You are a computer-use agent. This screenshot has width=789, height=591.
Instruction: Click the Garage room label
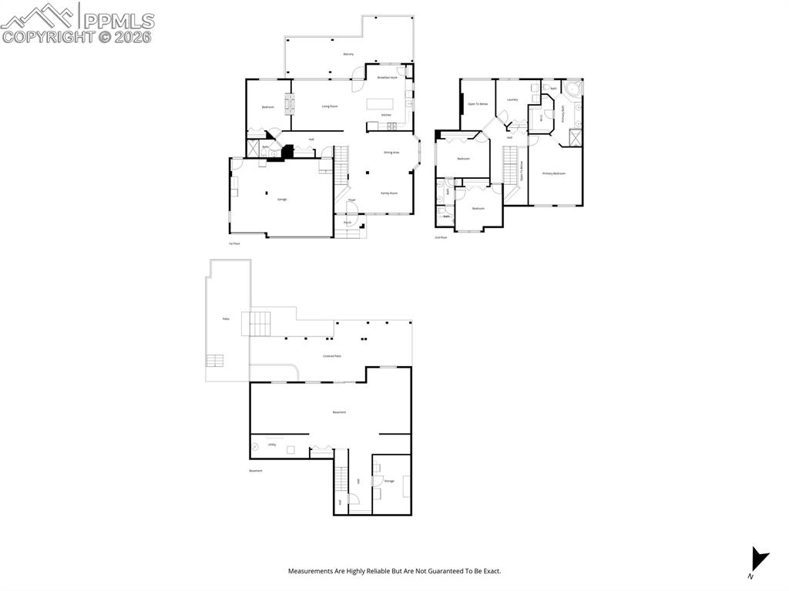tap(282, 200)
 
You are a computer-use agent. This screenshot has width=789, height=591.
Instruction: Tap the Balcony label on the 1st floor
tap(348, 54)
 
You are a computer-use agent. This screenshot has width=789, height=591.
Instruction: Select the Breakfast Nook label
tap(387, 78)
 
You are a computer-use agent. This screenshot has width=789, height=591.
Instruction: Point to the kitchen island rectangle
tap(380, 104)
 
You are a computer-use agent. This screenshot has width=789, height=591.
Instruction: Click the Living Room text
tap(330, 106)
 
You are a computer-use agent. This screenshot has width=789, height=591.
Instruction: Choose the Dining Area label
tap(391, 153)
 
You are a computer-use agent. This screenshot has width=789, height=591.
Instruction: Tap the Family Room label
tap(389, 193)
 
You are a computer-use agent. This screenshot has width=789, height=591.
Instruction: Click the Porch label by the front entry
tap(347, 223)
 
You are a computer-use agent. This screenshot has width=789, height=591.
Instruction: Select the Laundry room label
tap(512, 99)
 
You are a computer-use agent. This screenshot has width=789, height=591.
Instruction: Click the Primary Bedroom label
tap(553, 173)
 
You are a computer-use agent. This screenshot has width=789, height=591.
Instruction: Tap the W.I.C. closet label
tap(542, 119)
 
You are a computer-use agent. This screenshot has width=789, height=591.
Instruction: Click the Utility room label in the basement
tap(272, 445)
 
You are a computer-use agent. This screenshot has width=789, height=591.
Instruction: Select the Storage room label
tap(389, 481)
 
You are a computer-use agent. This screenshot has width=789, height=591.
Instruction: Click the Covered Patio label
tap(332, 356)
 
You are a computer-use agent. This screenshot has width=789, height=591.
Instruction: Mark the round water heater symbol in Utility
tap(255, 446)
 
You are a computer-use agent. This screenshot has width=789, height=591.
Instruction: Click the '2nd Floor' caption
tap(441, 237)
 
